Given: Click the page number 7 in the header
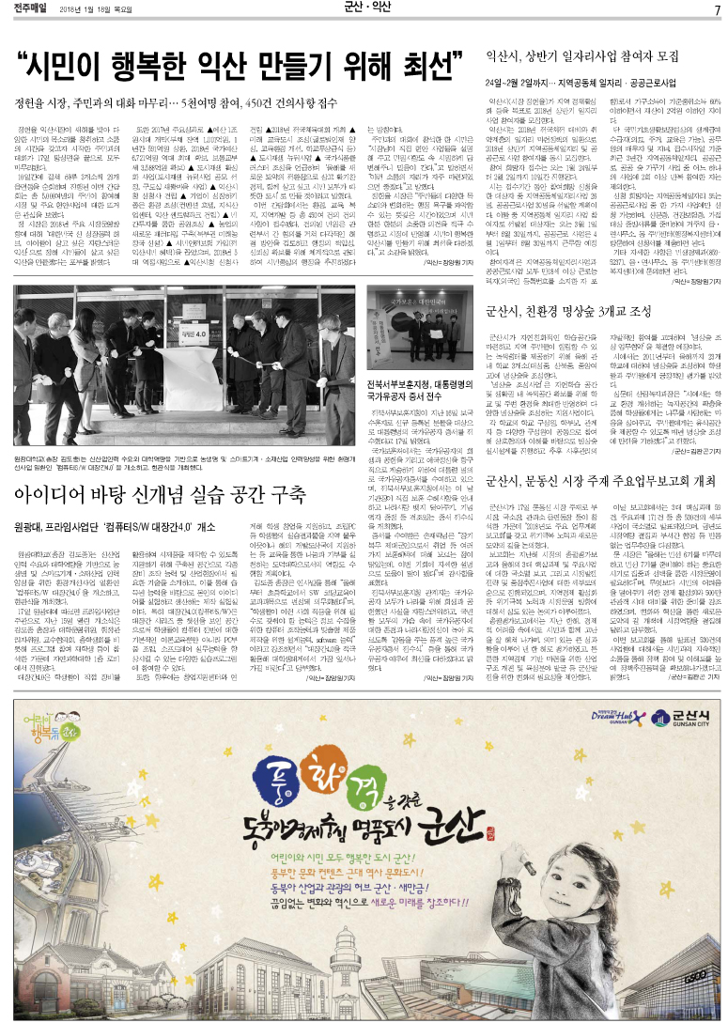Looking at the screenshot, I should (x=716, y=9).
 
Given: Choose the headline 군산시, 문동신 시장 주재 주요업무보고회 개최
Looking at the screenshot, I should (x=601, y=481).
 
